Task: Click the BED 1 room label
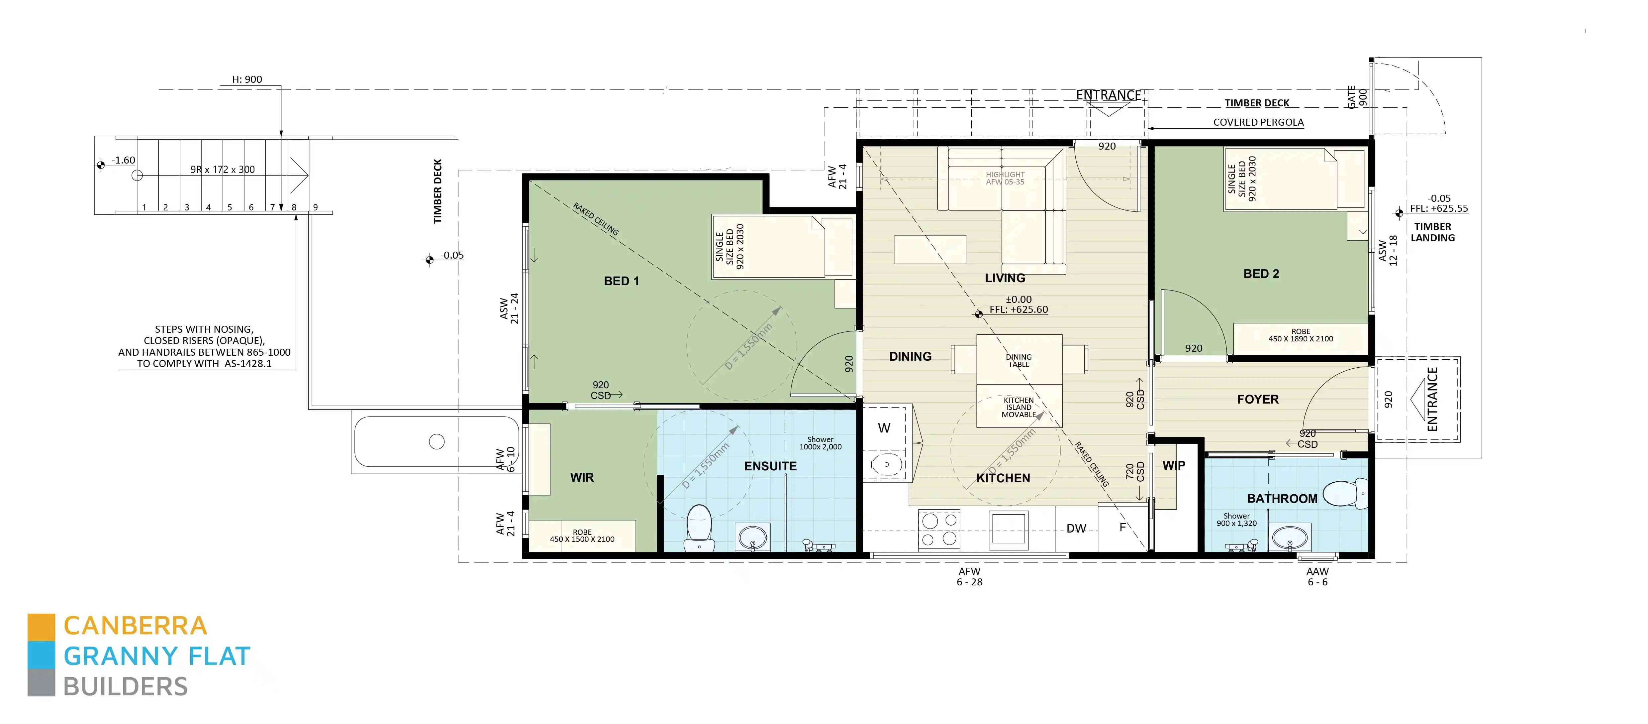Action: pos(621,281)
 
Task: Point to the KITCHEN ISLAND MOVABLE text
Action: pos(1018,407)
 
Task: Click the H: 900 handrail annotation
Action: pos(247,79)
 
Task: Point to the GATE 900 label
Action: pos(1356,97)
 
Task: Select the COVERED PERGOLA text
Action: pos(1258,122)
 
